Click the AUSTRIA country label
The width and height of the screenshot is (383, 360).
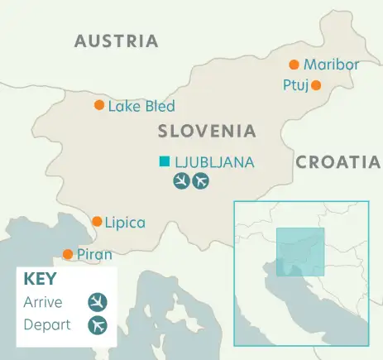click(x=116, y=41)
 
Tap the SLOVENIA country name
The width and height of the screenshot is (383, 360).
click(x=207, y=131)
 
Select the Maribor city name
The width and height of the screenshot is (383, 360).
click(x=331, y=65)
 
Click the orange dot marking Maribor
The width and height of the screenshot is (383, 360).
click(x=294, y=65)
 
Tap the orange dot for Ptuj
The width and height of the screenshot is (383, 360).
click(x=315, y=84)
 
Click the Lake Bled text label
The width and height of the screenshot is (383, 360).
click(x=141, y=106)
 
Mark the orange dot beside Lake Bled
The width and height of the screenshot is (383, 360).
click(x=99, y=105)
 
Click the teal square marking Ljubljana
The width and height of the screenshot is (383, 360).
click(x=165, y=161)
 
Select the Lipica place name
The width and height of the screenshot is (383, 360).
click(x=125, y=222)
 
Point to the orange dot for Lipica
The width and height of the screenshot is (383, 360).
click(x=97, y=222)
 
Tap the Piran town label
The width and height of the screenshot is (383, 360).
click(x=93, y=254)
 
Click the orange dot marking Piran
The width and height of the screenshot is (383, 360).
click(x=68, y=254)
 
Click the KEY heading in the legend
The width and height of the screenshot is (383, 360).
click(x=41, y=279)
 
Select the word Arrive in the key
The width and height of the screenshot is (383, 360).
click(x=43, y=302)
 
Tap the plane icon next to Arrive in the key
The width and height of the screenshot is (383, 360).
click(x=98, y=302)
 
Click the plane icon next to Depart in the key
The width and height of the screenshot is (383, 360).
click(x=98, y=324)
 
